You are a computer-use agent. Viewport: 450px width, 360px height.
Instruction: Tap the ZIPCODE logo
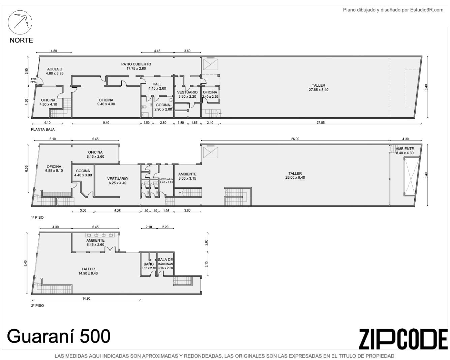point(403,339)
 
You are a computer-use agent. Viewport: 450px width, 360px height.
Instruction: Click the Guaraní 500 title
point(59,336)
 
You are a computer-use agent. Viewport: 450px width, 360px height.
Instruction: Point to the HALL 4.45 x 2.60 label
point(157,86)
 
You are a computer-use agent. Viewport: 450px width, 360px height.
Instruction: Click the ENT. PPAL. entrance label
point(34,81)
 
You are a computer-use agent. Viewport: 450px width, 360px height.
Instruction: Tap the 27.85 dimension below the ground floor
point(320,123)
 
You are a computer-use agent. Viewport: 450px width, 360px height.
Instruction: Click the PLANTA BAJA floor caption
point(43,129)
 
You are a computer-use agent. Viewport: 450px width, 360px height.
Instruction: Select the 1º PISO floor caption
point(37,217)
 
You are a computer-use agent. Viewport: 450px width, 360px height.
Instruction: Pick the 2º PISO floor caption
point(37,306)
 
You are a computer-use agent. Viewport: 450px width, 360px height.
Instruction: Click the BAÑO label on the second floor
point(148,264)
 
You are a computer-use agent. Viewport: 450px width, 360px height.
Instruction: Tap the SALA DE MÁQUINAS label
point(165,262)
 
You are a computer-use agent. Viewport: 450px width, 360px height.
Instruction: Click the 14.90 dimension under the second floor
point(86,299)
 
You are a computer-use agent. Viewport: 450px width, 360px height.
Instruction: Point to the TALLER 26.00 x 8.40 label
point(295,175)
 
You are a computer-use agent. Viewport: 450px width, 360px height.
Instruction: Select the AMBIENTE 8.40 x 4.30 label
point(404,151)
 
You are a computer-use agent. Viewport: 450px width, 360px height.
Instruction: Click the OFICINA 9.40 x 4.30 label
point(106,102)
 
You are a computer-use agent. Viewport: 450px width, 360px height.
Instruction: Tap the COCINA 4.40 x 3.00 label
point(83,173)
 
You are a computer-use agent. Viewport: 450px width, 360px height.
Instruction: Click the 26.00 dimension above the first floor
point(295,139)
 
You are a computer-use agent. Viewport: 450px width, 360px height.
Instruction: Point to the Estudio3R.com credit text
point(393,10)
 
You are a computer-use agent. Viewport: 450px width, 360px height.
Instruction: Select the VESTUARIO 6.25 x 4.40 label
point(118,181)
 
